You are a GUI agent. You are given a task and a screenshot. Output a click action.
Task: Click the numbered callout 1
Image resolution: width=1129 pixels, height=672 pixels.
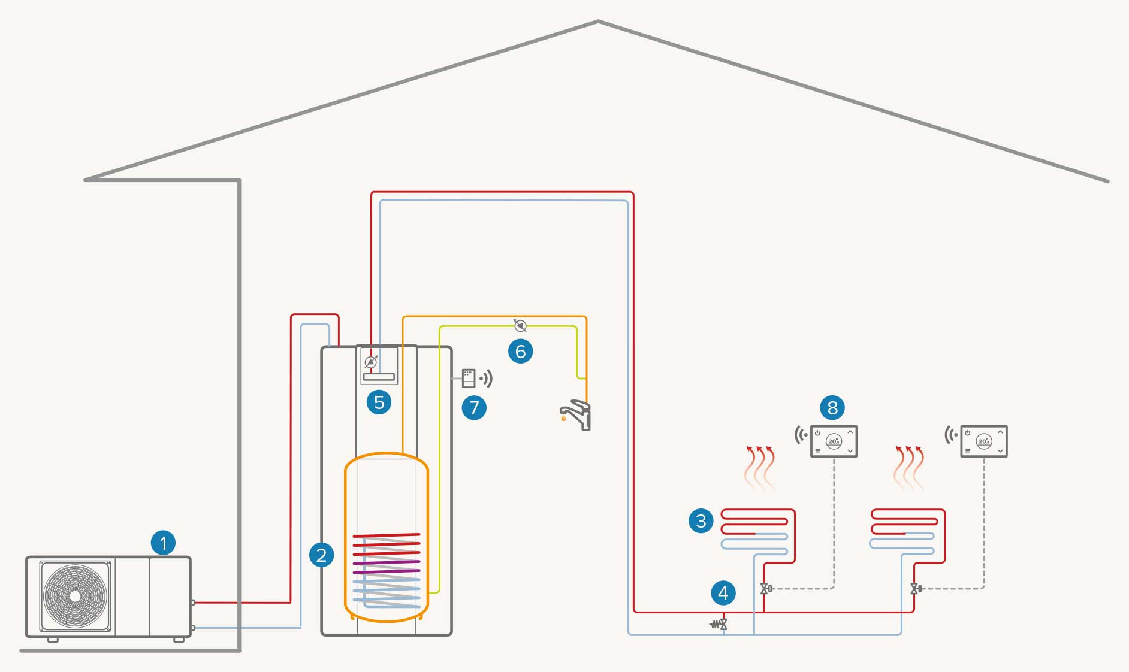click(163, 543)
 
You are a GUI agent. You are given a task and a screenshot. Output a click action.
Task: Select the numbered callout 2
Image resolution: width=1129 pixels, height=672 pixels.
click(321, 555)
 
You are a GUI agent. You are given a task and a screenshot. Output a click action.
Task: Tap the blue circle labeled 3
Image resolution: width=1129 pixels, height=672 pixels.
click(701, 520)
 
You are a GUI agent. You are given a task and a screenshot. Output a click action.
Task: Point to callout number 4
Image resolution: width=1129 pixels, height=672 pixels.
click(723, 593)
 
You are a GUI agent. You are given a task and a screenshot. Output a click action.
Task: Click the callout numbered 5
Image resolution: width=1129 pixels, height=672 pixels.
click(379, 402)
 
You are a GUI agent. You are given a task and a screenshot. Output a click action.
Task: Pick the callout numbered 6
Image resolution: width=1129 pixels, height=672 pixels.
click(520, 351)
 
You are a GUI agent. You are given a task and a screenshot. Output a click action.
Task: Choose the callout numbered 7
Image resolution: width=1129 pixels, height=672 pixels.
click(474, 408)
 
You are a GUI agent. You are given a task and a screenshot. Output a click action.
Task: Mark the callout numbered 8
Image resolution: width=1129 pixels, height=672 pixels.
click(832, 408)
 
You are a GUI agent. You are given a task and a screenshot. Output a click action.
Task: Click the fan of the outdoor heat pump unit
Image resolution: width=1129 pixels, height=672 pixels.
click(75, 596)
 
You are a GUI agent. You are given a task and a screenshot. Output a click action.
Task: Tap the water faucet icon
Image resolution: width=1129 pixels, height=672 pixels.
click(576, 415)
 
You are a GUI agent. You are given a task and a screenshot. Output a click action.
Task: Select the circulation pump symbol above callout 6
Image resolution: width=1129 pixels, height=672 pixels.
click(520, 326)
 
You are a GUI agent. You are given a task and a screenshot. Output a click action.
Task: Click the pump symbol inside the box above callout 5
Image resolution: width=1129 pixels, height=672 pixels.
click(371, 362)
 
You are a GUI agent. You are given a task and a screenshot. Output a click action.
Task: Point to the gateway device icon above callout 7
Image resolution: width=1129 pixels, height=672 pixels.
click(469, 379)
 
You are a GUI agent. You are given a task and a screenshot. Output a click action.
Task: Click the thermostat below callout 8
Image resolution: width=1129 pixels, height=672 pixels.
click(834, 441)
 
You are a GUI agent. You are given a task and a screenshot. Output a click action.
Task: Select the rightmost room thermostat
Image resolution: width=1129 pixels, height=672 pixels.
click(983, 441)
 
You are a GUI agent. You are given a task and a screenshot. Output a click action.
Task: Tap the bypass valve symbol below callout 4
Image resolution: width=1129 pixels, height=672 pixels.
click(719, 625)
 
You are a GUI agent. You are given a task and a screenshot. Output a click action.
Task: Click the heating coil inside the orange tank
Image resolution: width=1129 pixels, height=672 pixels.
click(387, 569)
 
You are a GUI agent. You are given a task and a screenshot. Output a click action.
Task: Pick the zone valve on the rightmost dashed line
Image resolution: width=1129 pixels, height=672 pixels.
click(916, 589)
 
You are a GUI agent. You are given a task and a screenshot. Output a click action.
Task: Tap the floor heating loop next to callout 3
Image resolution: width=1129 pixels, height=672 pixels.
click(757, 532)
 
